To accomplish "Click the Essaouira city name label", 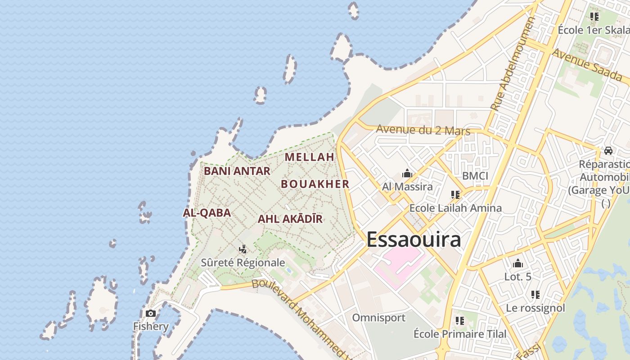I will [x=414, y=239].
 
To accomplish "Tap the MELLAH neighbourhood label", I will [x=310, y=157].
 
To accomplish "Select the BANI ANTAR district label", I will [x=237, y=171].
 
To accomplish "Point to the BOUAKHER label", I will [x=315, y=184].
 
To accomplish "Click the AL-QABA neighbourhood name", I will [x=207, y=213].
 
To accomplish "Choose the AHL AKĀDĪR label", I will [x=290, y=219].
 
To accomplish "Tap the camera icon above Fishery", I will [x=151, y=313].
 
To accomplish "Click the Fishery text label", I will [x=151, y=326].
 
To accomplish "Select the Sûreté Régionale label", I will [x=243, y=262].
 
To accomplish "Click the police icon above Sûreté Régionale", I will [x=243, y=249].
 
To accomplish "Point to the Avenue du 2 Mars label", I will [x=423, y=130].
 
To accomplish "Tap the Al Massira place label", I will [x=407, y=186].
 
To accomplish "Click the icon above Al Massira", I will [x=407, y=173].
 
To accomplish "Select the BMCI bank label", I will [x=475, y=175].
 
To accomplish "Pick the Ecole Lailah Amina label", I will [x=455, y=208].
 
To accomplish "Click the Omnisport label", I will [x=378, y=318].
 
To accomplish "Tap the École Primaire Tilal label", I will [x=460, y=334].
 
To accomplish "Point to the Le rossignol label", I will [x=535, y=308].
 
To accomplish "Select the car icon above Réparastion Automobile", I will [x=608, y=151].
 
